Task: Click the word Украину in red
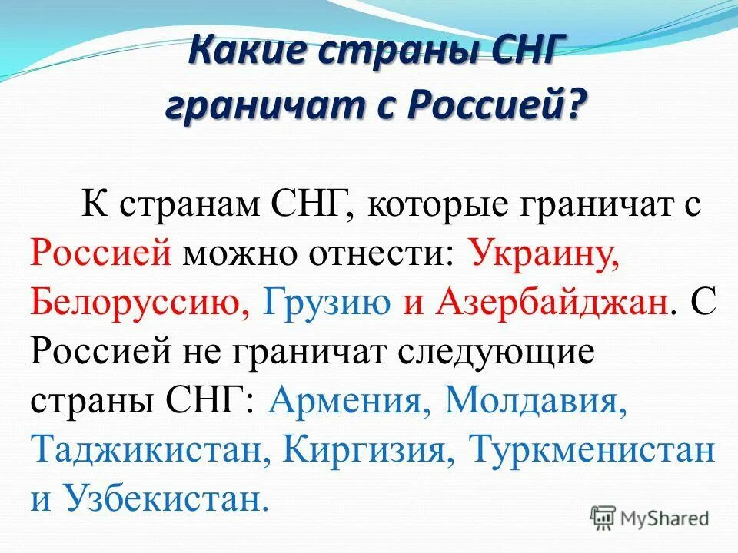pyautogui.click(x=543, y=253)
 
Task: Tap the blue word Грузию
pyautogui.click(x=327, y=302)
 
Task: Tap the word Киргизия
pyautogui.click(x=365, y=449)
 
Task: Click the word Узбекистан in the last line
pyautogui.click(x=165, y=498)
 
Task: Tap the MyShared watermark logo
pyautogui.click(x=650, y=517)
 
